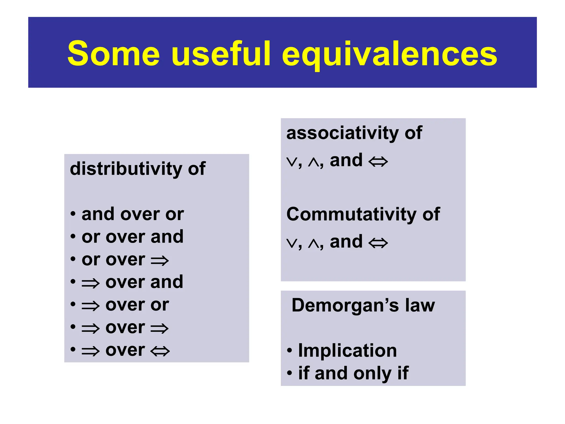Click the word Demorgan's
tap(345, 305)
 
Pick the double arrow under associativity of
tap(378, 161)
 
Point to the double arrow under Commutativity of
tap(378, 243)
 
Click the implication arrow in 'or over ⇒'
tap(160, 261)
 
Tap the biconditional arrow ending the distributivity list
tap(160, 351)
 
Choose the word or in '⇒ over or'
tap(160, 305)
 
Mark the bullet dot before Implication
tap(289, 351)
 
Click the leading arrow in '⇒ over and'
tap(90, 283)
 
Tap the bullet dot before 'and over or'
tap(73, 214)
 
